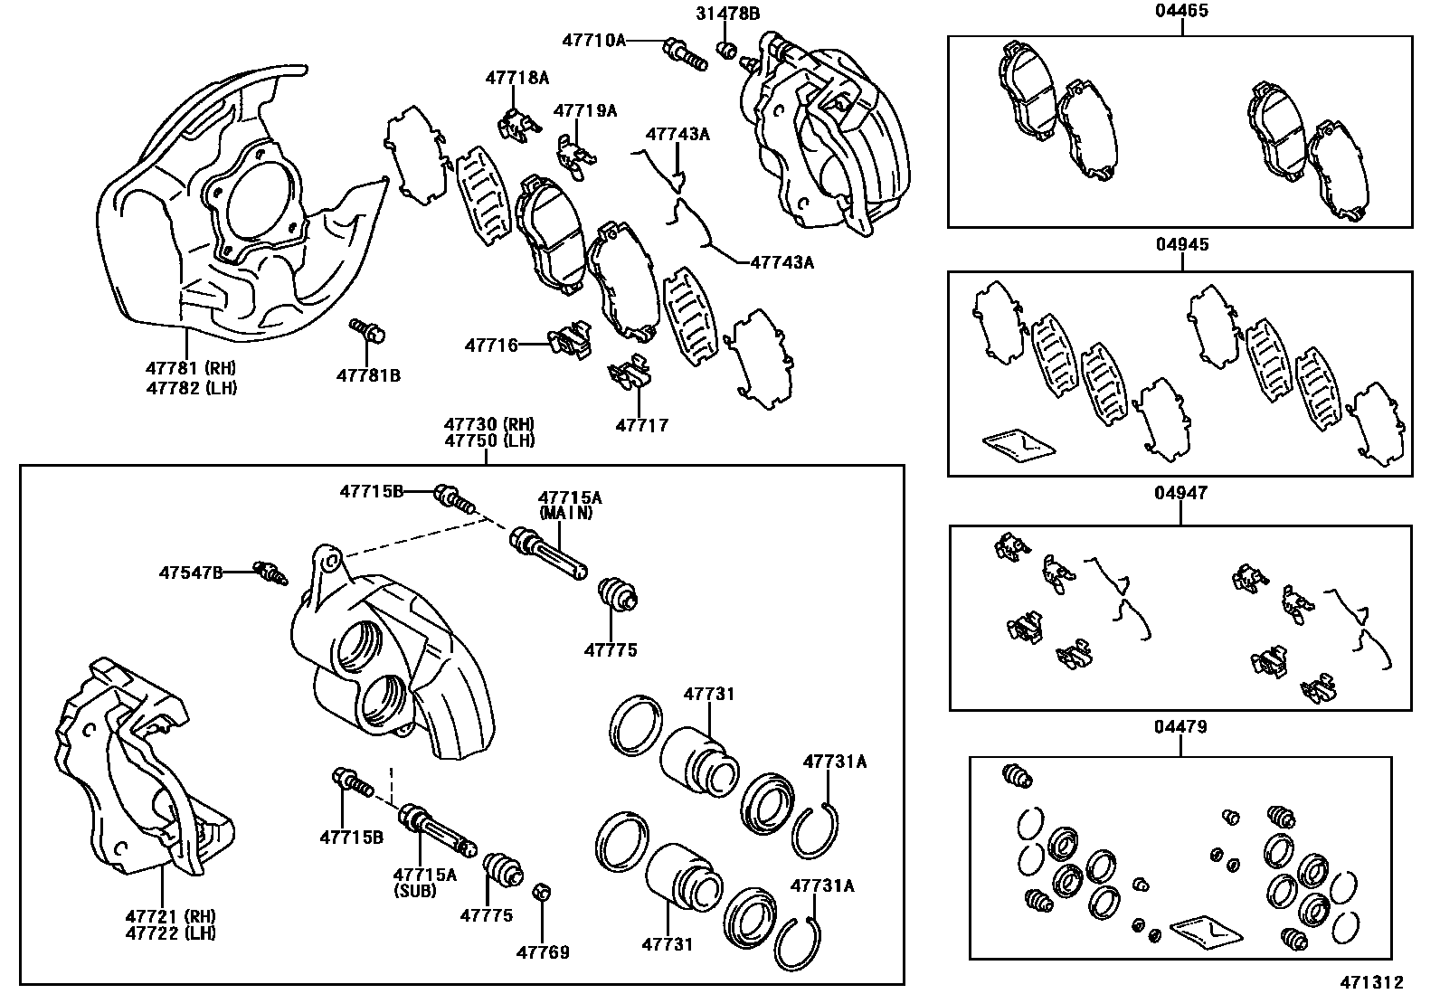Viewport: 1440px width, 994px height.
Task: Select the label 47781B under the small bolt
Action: (x=368, y=374)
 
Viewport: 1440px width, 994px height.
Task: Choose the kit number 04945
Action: (x=1181, y=245)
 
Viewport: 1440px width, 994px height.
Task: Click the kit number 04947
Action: (x=1180, y=493)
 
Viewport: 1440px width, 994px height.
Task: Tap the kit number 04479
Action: (x=1180, y=726)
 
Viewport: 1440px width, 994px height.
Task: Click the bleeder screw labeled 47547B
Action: (x=269, y=573)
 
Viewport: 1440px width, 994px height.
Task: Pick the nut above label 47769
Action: (x=541, y=894)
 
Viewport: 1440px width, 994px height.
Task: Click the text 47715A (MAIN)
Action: (x=570, y=505)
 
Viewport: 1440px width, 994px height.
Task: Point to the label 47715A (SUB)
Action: (x=424, y=882)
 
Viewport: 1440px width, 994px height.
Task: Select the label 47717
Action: (x=641, y=425)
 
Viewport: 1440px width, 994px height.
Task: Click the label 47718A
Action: (x=516, y=78)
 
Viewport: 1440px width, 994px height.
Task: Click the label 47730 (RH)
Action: (x=488, y=424)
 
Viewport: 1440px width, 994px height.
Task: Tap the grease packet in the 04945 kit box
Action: (x=1018, y=444)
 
